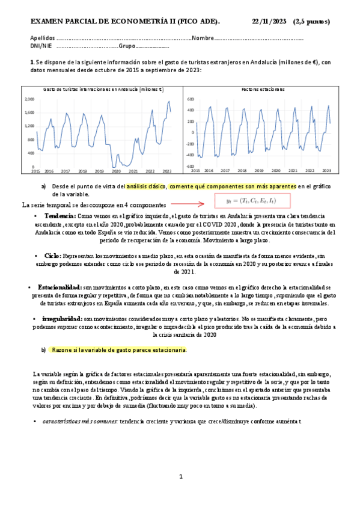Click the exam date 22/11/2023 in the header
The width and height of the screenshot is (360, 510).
(x=269, y=22)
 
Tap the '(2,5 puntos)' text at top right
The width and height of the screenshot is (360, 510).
(x=311, y=22)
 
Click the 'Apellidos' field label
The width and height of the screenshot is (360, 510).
(x=42, y=38)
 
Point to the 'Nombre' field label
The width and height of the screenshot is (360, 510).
(x=203, y=38)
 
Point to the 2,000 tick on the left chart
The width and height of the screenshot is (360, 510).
(x=29, y=99)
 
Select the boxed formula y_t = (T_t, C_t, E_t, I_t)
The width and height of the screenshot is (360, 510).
(x=253, y=201)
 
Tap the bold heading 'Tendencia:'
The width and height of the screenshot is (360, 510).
(x=60, y=215)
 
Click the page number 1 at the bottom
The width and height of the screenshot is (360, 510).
(x=181, y=477)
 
